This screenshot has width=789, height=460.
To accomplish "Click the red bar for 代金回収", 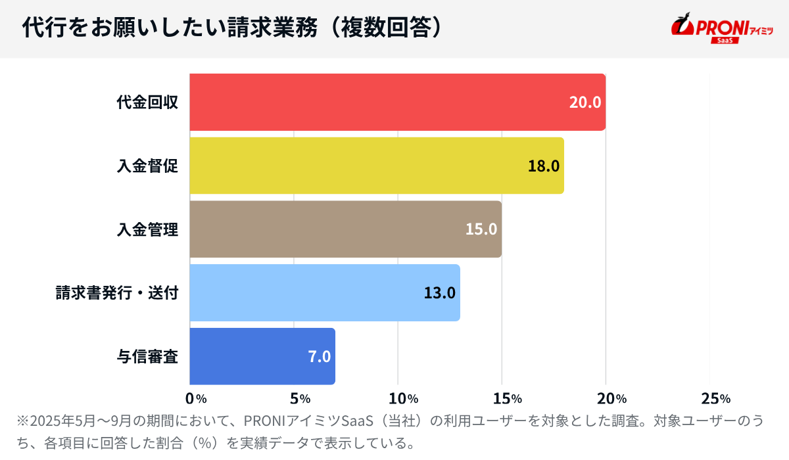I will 397,103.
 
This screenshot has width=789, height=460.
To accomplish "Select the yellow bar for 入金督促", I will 377,166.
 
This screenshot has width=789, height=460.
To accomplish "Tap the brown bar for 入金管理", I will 345,229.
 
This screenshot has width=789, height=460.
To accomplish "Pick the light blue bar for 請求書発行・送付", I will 325,292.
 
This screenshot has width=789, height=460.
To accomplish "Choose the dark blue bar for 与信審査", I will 262,356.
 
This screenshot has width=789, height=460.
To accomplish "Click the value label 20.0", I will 585,103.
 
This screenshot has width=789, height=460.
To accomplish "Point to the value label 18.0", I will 544,166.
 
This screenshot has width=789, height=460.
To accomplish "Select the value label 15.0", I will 481,229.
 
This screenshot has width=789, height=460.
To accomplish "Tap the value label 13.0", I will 439,292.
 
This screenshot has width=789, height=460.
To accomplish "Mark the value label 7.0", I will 319,356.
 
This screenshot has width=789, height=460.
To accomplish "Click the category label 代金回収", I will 148,103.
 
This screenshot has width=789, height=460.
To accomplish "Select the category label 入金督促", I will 148,166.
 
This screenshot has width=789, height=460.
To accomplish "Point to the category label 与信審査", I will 148,356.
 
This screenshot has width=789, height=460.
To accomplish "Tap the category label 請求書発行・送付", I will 117,292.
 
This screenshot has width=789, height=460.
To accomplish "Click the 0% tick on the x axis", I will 196,398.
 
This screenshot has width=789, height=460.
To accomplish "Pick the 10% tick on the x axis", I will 404,398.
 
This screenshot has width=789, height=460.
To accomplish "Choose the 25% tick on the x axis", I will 715,398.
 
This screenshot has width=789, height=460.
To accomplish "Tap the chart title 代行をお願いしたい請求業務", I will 171,28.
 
